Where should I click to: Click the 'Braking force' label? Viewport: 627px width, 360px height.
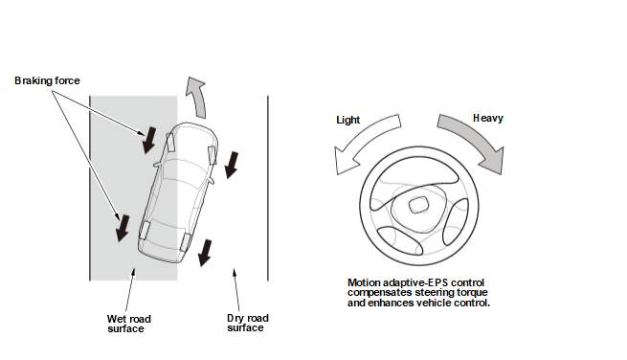click(x=47, y=80)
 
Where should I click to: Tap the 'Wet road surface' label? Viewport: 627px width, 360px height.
click(x=129, y=324)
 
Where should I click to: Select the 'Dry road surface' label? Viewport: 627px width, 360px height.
click(x=248, y=324)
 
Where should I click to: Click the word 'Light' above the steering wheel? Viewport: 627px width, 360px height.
click(x=347, y=120)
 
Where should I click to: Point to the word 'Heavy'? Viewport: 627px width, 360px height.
click(x=488, y=118)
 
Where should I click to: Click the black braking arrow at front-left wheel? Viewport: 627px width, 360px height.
click(x=149, y=140)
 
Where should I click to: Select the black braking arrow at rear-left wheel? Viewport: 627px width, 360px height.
click(x=123, y=228)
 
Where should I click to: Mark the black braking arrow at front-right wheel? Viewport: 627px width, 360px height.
click(x=232, y=165)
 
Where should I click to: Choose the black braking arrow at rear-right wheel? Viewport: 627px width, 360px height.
click(x=205, y=253)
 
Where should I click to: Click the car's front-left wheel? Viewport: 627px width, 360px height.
click(x=170, y=142)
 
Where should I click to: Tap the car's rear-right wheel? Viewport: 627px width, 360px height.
click(x=185, y=242)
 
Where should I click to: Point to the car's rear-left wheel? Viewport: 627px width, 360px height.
click(x=144, y=230)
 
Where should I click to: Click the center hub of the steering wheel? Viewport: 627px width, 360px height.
click(x=418, y=206)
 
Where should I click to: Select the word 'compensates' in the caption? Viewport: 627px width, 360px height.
click(x=379, y=292)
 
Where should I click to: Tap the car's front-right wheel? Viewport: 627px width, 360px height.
click(x=212, y=155)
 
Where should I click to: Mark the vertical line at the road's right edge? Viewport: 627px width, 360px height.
click(x=268, y=188)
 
